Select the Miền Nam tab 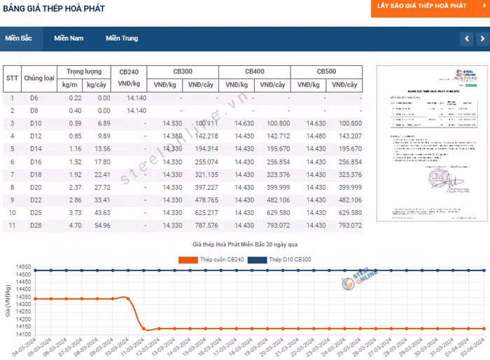(x=69, y=39)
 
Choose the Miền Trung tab (x=122, y=39)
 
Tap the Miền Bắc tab (x=19, y=39)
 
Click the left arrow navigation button (x=467, y=39)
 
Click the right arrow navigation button (x=482, y=39)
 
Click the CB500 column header (x=326, y=71)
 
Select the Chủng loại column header (x=39, y=78)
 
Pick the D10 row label (x=35, y=123)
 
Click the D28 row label (x=35, y=225)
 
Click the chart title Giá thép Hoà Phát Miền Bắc (x=245, y=244)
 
